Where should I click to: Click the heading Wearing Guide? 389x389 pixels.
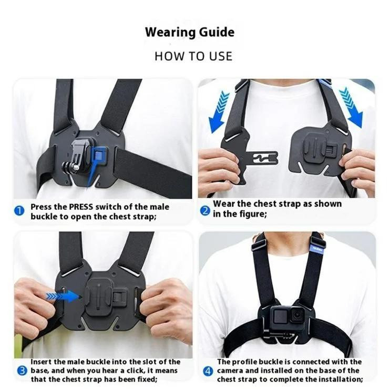tap(190, 32)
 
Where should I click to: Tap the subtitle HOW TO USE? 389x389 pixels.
tap(193, 56)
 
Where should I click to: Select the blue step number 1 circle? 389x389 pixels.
tap(19, 211)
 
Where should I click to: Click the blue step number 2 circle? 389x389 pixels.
tap(205, 211)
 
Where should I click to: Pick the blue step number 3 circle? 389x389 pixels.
tap(22, 371)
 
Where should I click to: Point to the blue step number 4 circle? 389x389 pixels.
tap(208, 371)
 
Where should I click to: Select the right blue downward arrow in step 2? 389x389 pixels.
tap(352, 107)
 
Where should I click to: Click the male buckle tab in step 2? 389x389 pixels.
tap(263, 158)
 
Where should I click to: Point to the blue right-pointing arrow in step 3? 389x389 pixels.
tap(63, 296)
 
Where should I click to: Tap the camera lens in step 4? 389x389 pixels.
tap(296, 315)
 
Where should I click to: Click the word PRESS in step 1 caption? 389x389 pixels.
tap(81, 207)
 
